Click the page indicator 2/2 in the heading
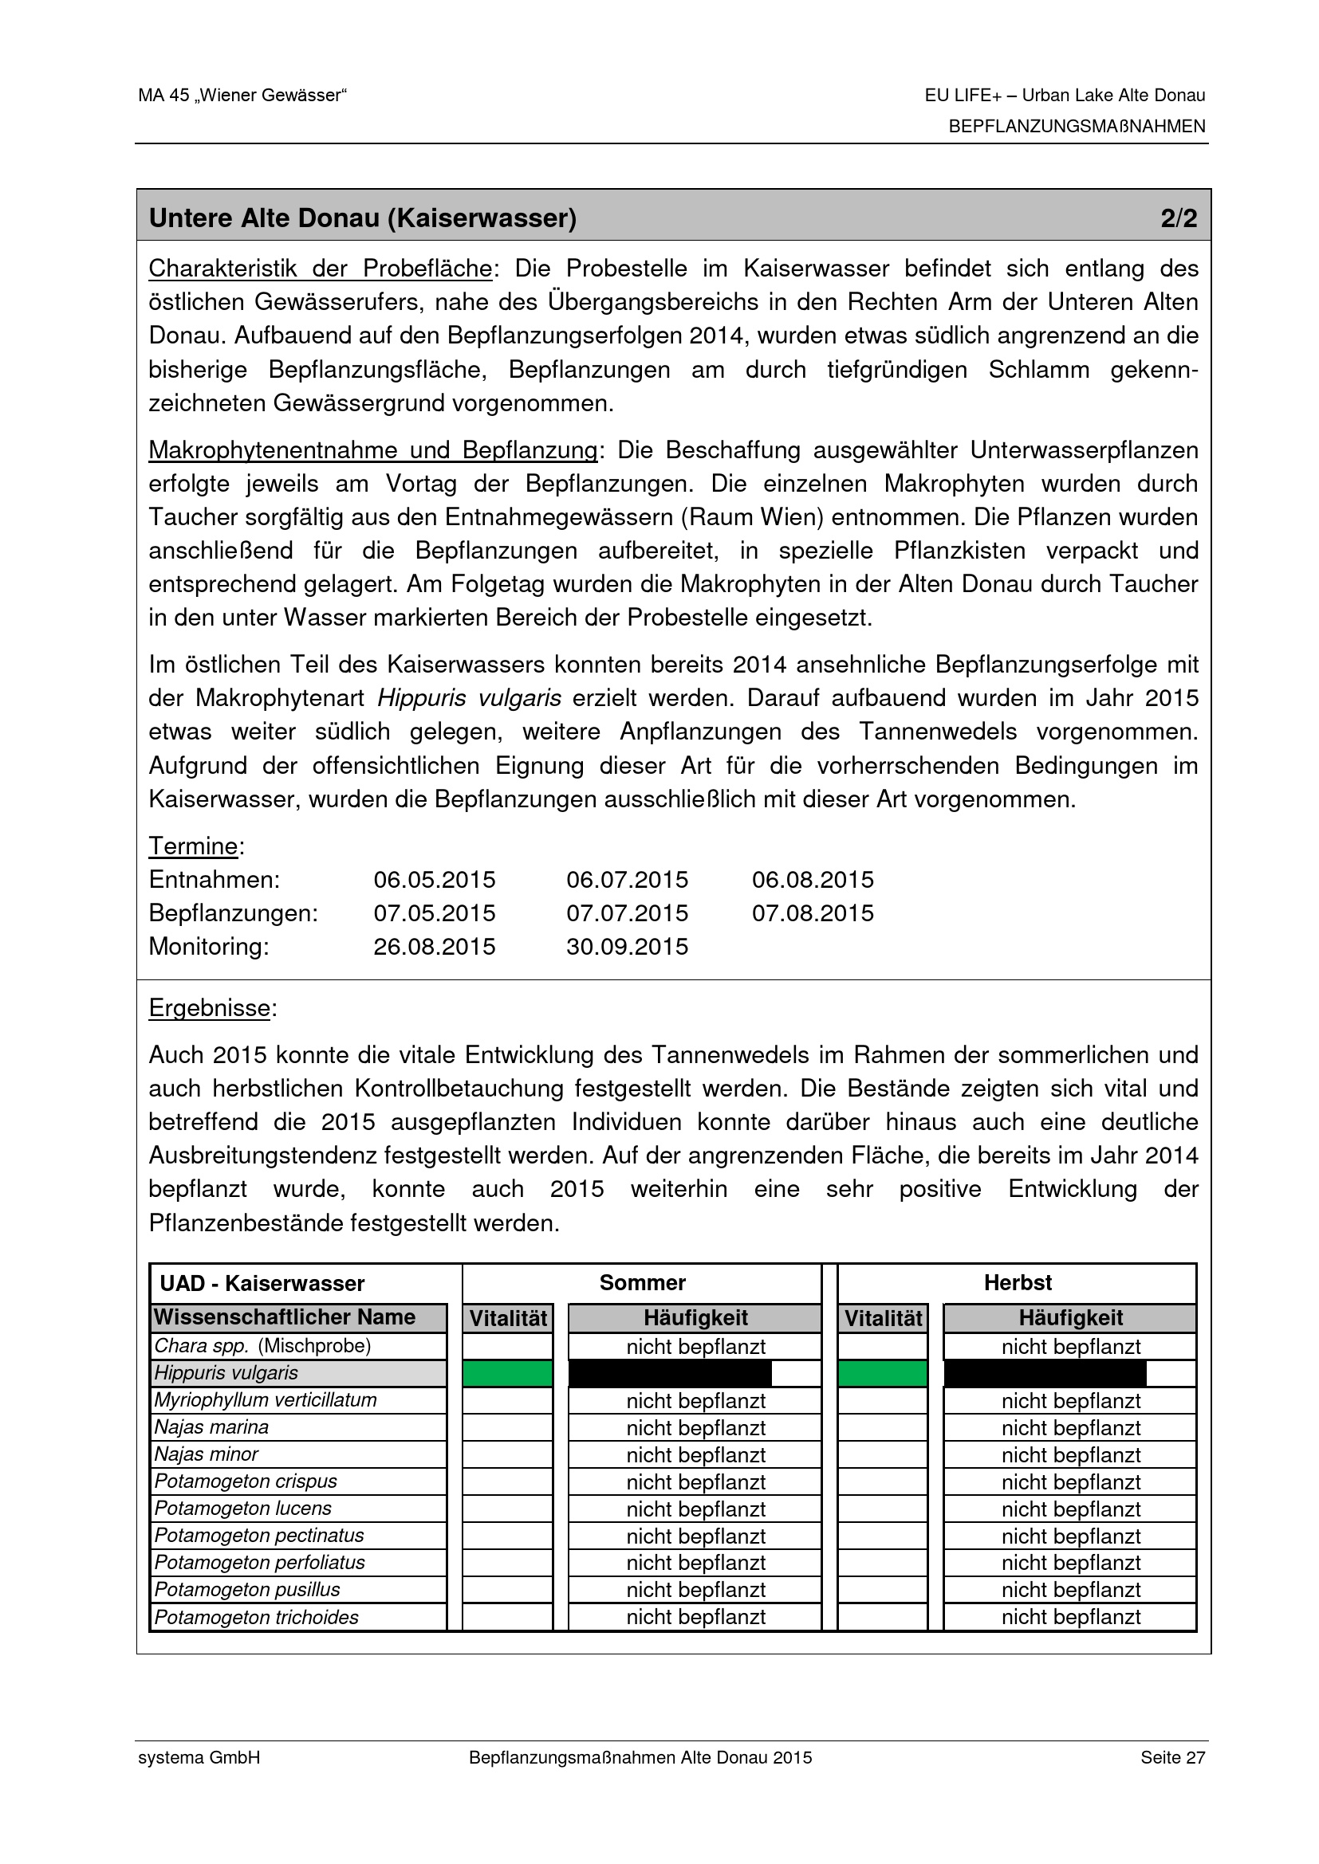pos(1179,218)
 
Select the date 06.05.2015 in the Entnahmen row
pos(434,880)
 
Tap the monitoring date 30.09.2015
pos(627,947)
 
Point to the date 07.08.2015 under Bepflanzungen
pos(812,913)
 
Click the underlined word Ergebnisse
pos(210,1008)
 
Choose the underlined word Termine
pos(193,846)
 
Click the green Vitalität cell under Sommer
pos(508,1374)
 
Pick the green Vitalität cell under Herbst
pos(883,1374)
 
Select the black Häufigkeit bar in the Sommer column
pos(670,1374)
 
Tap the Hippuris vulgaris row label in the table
pos(226,1373)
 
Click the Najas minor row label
pos(207,1454)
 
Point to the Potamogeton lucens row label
pos(243,1509)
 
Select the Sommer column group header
pos(643,1283)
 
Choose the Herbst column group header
pos(1018,1283)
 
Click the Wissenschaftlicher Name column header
pos(285,1317)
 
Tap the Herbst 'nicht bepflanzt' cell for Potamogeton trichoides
pos(1070,1617)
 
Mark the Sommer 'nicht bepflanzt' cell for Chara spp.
pos(695,1347)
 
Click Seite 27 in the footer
pos(1172,1758)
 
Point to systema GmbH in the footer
pos(199,1758)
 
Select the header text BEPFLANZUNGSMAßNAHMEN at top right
pos(1077,127)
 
